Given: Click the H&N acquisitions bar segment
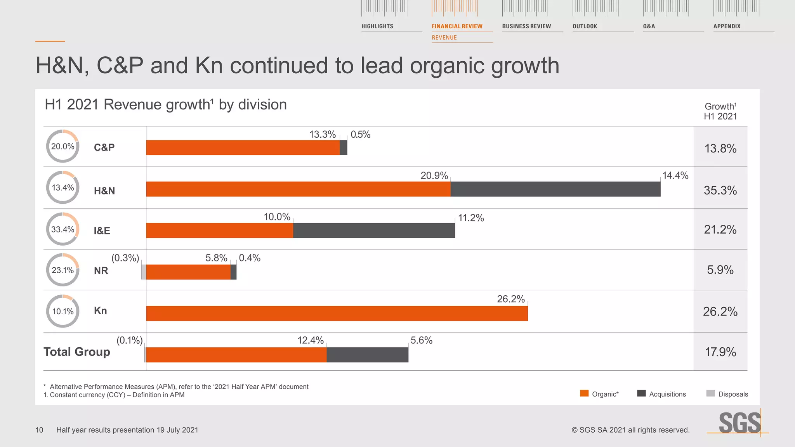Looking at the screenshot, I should [x=555, y=189].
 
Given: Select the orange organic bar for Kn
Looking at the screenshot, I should [x=337, y=313].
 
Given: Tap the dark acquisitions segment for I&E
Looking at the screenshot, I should [x=373, y=230].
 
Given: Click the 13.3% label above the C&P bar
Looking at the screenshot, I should [x=322, y=135].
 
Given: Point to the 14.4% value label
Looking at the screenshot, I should [x=675, y=176].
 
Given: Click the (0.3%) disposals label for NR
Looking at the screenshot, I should [x=125, y=258].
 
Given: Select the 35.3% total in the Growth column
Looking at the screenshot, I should [x=720, y=191].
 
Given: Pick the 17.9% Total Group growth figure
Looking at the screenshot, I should [x=720, y=352].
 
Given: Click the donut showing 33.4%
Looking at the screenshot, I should [x=62, y=229].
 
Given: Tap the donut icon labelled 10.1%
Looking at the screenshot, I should [x=62, y=311].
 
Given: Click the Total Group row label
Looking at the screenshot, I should [x=77, y=352].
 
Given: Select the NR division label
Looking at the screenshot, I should [x=101, y=270].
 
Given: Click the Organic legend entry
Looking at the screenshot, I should [x=599, y=394].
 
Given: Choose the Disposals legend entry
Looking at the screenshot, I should [x=727, y=394].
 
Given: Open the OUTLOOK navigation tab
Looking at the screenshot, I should [x=585, y=26].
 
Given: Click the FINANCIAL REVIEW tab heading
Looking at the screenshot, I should [x=457, y=26].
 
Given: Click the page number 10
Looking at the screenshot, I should [x=39, y=430].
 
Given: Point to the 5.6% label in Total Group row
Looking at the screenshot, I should [x=421, y=340].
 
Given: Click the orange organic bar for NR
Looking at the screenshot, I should [x=188, y=272].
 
